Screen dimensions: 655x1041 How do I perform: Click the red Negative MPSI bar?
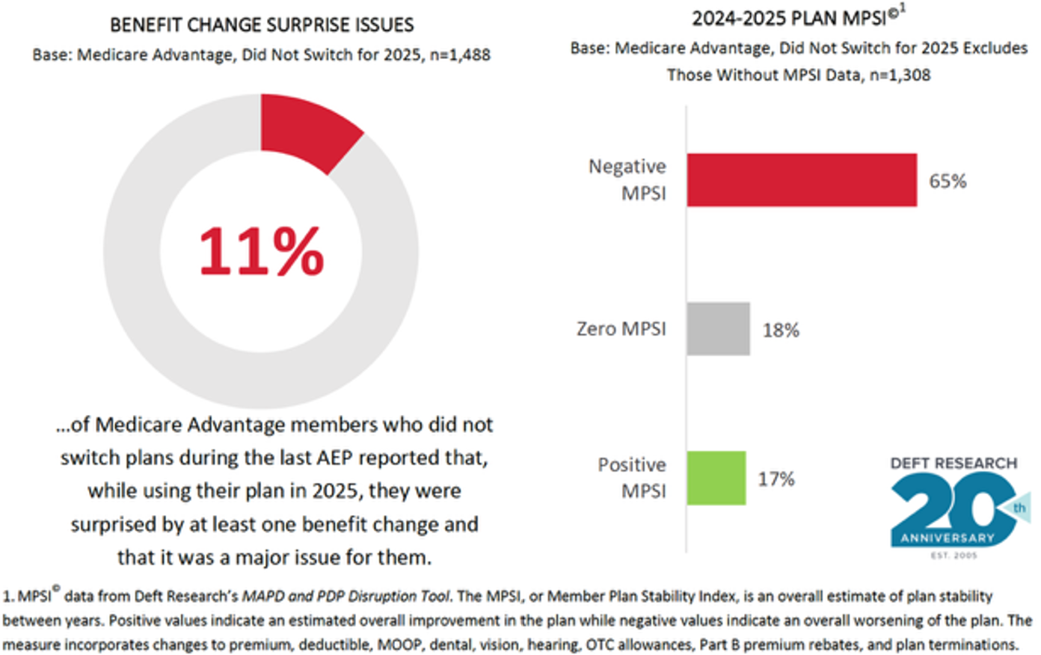click(802, 180)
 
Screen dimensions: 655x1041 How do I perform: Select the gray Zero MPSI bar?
click(718, 329)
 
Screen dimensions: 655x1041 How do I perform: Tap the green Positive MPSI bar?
click(716, 479)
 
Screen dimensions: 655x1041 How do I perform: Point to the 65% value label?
click(948, 181)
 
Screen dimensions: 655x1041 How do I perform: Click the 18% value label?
click(781, 330)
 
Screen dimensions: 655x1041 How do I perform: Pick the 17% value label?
click(776, 479)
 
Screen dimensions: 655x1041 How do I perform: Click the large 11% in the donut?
click(261, 251)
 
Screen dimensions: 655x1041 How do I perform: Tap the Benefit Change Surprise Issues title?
click(262, 25)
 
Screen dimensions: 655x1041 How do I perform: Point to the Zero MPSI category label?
click(621, 329)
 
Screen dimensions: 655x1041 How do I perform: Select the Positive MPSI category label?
click(631, 478)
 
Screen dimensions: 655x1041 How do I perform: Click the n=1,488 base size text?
click(460, 55)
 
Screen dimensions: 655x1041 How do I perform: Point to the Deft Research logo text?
click(954, 464)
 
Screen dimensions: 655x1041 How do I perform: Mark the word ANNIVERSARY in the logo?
click(948, 538)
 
